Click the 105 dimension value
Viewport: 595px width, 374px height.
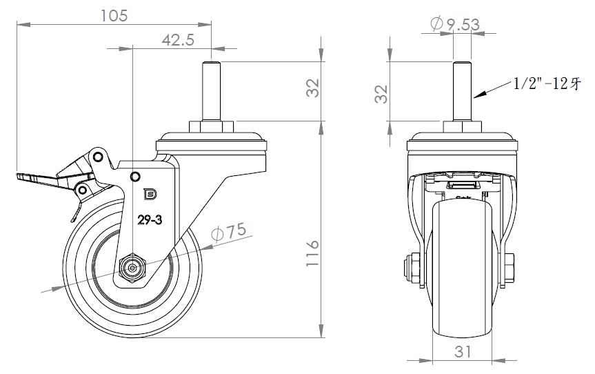click(x=114, y=15)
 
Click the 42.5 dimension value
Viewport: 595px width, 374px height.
click(x=177, y=40)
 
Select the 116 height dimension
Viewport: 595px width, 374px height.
click(x=313, y=255)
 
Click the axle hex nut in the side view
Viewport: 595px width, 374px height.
click(x=130, y=266)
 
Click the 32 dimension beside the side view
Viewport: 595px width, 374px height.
click(x=313, y=88)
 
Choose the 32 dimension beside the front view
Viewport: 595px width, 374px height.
click(x=381, y=94)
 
